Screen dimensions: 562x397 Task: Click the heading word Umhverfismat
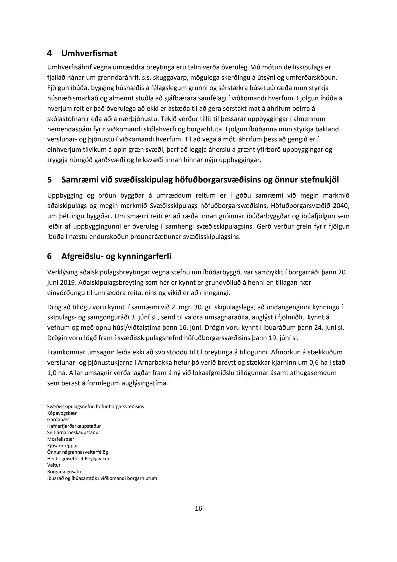click(x=89, y=53)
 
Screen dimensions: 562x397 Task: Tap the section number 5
click(x=49, y=180)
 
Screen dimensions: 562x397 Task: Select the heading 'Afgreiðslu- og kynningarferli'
click(x=116, y=256)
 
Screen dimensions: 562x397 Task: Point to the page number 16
click(x=198, y=508)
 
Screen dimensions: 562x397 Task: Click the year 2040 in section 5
click(x=342, y=206)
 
